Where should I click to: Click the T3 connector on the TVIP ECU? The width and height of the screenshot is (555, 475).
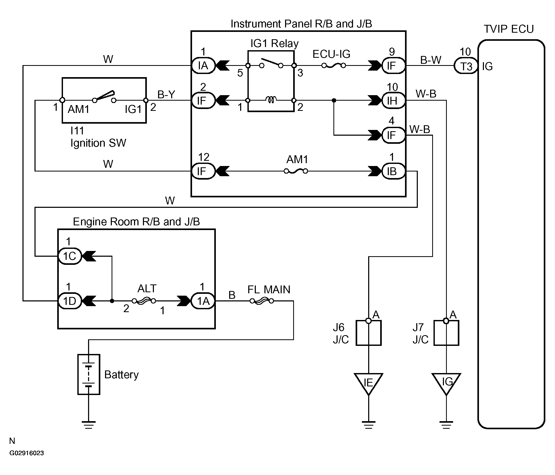tap(466, 66)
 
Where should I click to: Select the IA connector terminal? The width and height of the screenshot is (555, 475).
tap(203, 65)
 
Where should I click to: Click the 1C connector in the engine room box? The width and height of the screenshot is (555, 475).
tap(70, 256)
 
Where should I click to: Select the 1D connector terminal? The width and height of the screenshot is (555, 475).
tap(70, 301)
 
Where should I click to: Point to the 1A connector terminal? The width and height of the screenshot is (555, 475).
tap(203, 301)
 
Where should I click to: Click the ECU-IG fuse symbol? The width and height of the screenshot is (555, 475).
tap(333, 65)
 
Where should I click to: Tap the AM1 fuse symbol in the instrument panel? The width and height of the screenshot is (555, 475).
tap(296, 171)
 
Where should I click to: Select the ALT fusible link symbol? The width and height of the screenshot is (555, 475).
tap(144, 301)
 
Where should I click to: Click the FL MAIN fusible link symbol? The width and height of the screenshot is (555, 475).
tap(262, 301)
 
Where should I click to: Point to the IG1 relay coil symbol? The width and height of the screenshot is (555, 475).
tap(271, 100)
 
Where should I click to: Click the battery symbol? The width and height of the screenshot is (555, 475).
tap(89, 374)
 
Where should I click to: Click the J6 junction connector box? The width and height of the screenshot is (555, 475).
tap(369, 333)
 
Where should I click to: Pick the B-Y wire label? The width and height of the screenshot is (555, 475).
tap(166, 94)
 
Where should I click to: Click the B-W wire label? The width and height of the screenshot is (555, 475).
tap(430, 60)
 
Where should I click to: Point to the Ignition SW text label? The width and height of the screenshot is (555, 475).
tap(98, 143)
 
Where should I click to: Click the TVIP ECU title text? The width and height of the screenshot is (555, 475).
tap(509, 29)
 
